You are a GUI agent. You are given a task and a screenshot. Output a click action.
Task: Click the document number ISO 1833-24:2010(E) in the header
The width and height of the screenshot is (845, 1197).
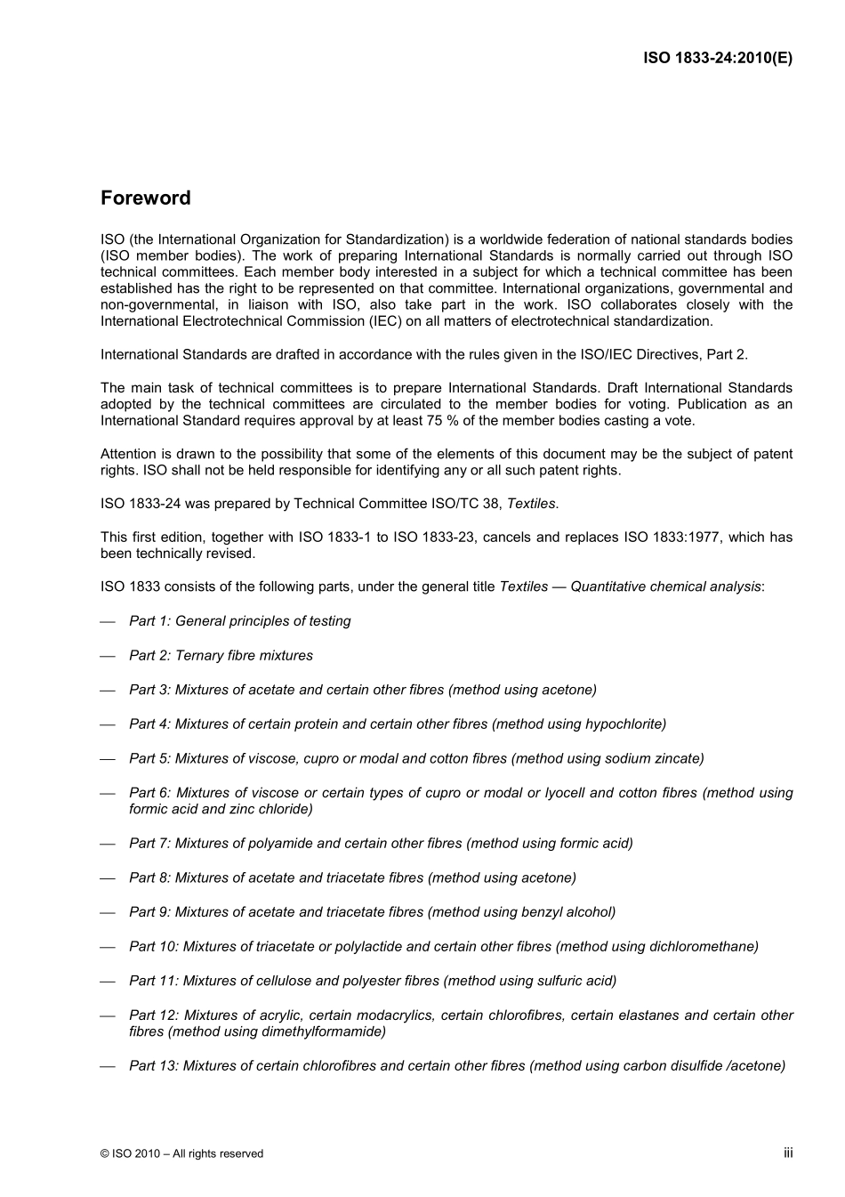click(x=717, y=59)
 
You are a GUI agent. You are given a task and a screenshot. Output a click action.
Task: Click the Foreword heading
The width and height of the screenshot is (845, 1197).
click(x=145, y=198)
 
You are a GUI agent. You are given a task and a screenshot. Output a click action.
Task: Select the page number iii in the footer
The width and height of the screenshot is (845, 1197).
click(x=787, y=1153)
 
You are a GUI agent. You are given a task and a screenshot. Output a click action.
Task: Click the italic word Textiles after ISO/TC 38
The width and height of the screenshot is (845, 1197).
click(x=531, y=504)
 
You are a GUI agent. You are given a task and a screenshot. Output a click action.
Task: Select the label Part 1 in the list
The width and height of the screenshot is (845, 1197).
click(x=149, y=621)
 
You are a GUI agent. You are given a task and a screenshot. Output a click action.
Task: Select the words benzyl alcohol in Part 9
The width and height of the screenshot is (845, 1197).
click(x=568, y=912)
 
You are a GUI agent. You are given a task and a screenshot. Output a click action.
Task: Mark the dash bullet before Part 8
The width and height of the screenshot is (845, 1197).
click(x=109, y=878)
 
